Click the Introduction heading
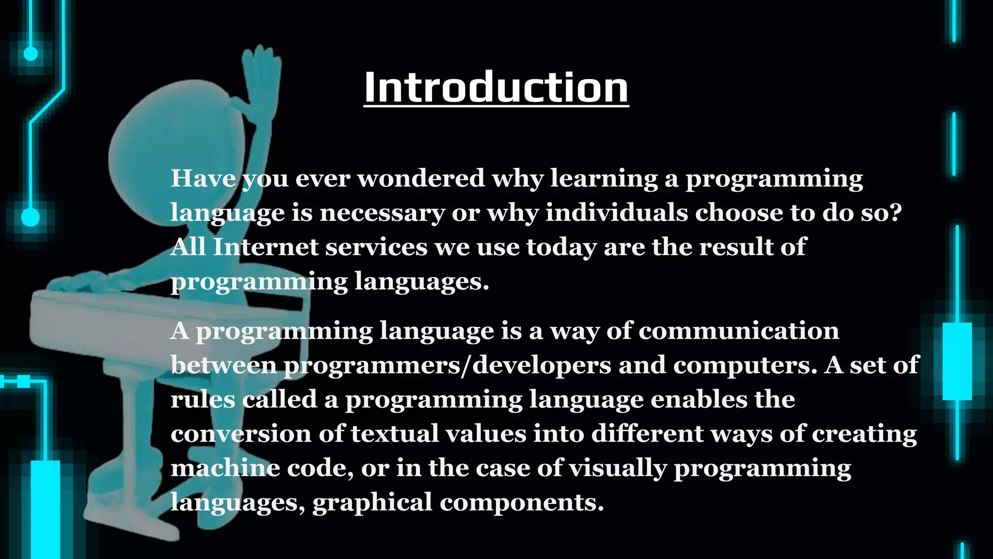click(496, 87)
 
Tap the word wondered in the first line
click(421, 179)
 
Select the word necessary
click(382, 213)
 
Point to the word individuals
click(617, 213)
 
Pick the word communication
click(738, 331)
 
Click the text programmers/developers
click(447, 365)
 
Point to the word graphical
click(372, 503)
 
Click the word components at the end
click(522, 503)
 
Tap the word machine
click(225, 468)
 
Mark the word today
click(561, 247)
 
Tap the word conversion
click(240, 434)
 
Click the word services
click(376, 247)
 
